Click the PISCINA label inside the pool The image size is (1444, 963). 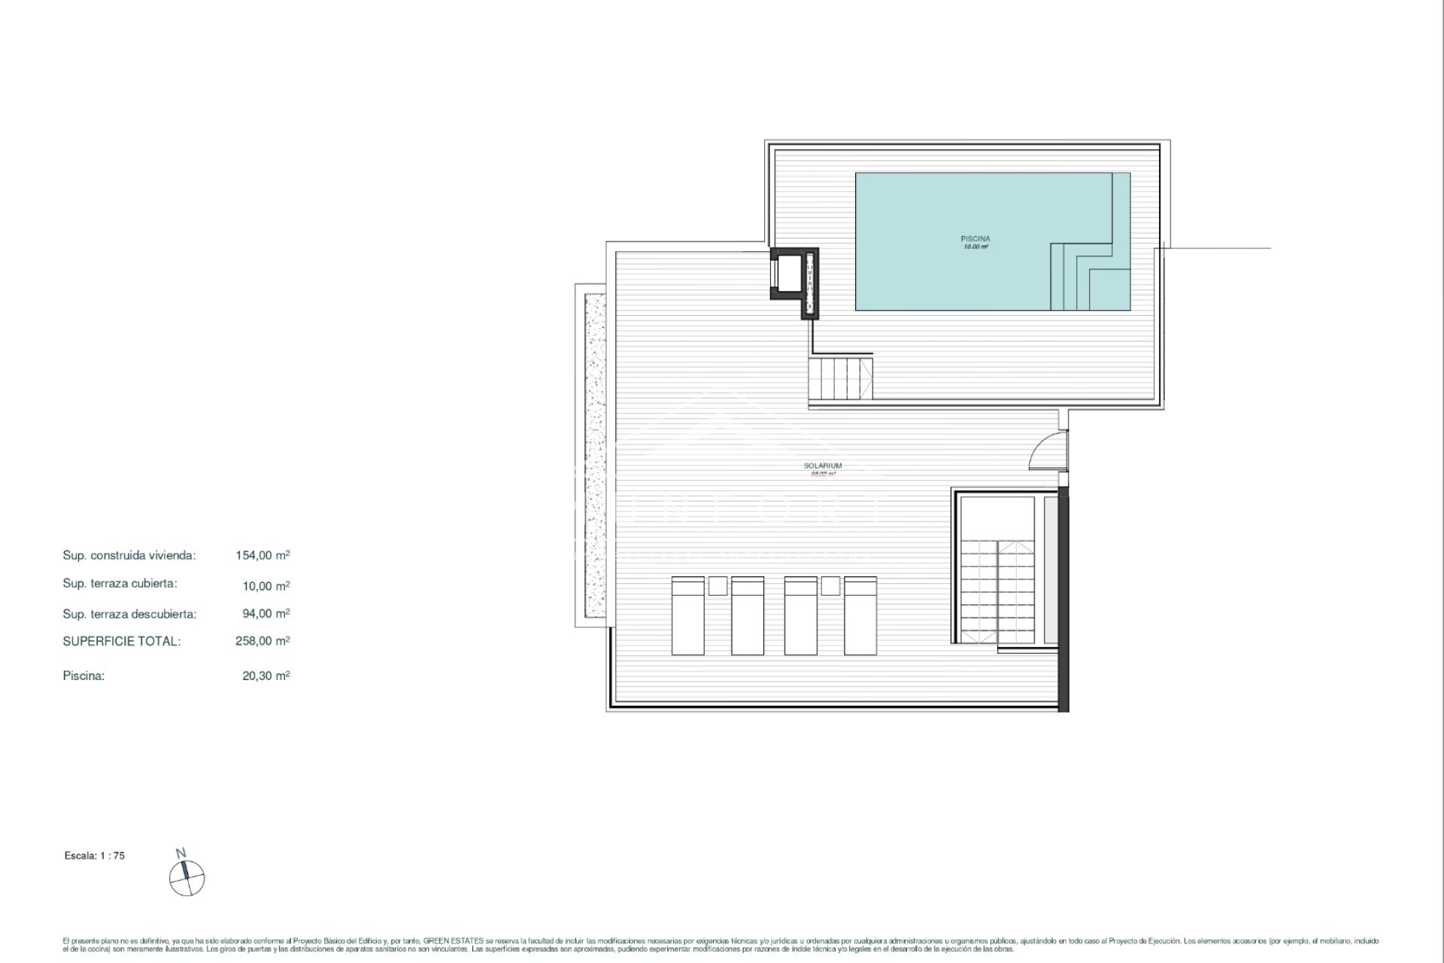point(975,239)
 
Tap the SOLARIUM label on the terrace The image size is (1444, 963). point(823,466)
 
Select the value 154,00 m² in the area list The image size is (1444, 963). point(262,555)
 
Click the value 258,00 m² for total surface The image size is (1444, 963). point(262,641)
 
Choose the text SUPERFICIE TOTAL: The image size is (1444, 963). point(122,641)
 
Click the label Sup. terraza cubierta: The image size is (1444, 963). point(120,584)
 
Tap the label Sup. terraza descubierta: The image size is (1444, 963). point(129,614)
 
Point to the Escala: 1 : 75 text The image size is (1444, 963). point(95,855)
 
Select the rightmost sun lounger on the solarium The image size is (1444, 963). point(860,615)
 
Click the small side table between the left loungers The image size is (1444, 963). point(717,585)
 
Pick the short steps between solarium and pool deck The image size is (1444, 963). point(841,380)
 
